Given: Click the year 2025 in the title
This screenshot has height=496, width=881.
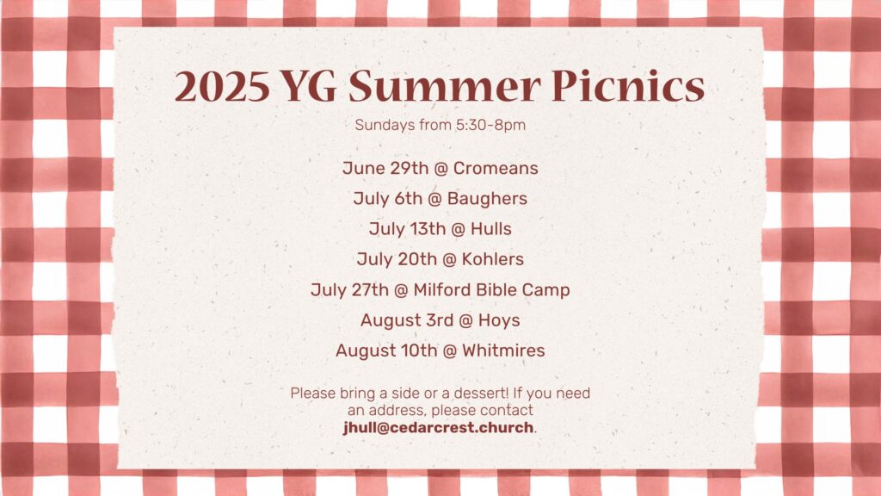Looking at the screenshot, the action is point(223,87).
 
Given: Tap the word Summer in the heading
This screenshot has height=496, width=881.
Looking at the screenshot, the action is point(445,87).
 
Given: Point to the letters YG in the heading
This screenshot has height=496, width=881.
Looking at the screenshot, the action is point(309,87).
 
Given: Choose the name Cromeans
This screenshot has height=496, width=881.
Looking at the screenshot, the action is point(496,168).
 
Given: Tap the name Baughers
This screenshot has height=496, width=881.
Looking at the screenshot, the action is point(487,199).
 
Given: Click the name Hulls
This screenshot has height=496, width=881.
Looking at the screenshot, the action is point(491,229).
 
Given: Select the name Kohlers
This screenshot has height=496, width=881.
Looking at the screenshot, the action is point(493,259).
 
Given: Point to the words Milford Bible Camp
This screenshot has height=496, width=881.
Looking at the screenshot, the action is point(491,290).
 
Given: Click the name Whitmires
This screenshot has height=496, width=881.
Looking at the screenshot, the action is point(503,351).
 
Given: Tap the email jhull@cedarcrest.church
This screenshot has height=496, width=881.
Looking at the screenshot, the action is point(438,428).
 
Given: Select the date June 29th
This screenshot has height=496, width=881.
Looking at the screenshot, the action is point(385,168).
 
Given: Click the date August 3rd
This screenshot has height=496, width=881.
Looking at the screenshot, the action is point(407,320).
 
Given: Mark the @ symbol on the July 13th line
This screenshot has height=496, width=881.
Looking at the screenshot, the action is point(458,229).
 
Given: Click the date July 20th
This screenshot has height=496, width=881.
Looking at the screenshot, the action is point(397,259).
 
